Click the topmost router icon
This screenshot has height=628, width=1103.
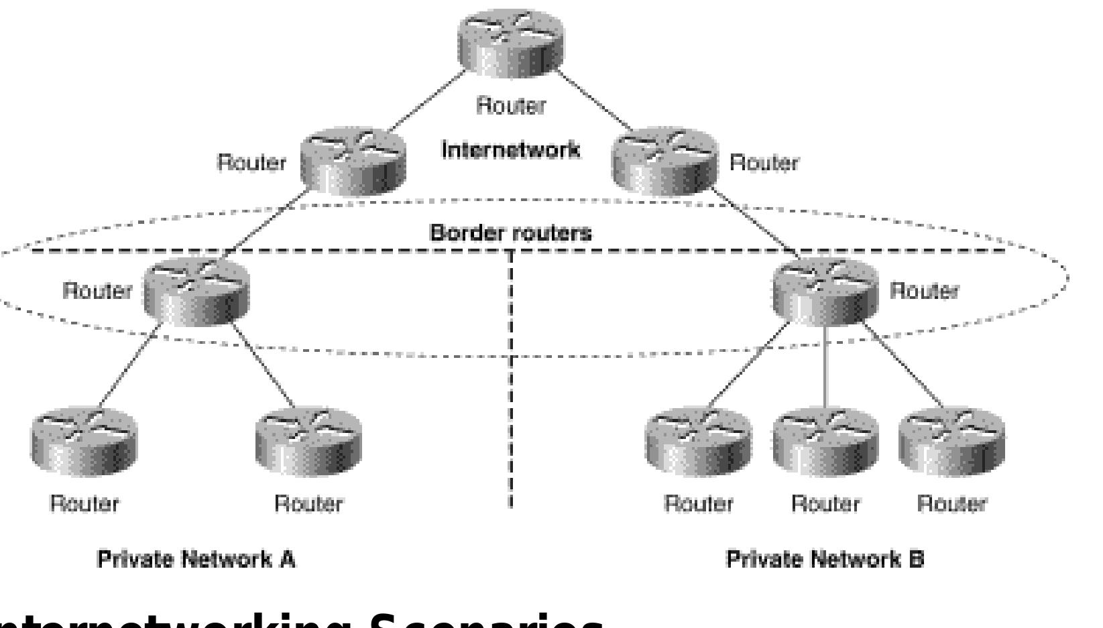coord(511,42)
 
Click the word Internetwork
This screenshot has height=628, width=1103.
coord(510,150)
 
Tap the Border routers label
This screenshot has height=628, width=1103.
coord(511,233)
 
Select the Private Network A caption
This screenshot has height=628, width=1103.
coord(196,559)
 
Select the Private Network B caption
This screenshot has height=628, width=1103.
coord(825,559)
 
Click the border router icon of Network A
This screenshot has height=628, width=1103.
coord(196,293)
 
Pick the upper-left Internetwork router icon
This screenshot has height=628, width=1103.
coord(353,163)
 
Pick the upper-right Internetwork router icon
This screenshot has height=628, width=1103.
coord(664,163)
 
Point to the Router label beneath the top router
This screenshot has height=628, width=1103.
coord(511,106)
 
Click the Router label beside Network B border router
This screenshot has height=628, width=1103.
coord(924,291)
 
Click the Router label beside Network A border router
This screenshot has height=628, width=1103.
coord(97,291)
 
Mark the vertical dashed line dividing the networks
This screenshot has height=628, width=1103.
coord(511,402)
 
